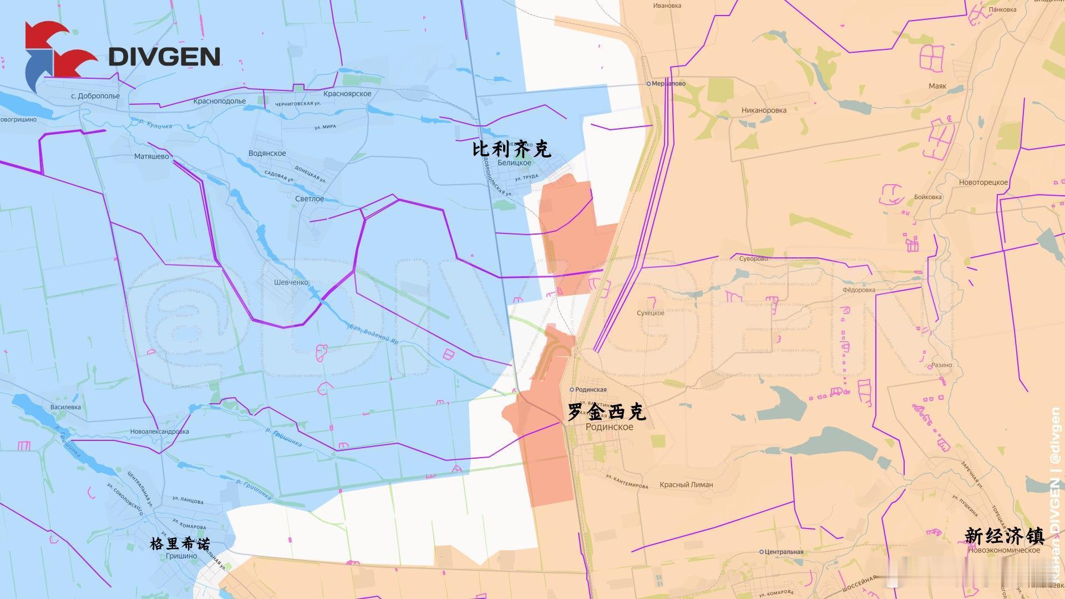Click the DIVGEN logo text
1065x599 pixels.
pyautogui.click(x=164, y=57)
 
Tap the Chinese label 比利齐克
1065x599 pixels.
pyautogui.click(x=511, y=149)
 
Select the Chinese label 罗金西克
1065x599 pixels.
pyautogui.click(x=607, y=412)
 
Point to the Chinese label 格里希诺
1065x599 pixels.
pyautogui.click(x=180, y=544)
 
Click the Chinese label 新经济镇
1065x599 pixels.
pyautogui.click(x=1004, y=536)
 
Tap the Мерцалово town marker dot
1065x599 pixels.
pyautogui.click(x=648, y=84)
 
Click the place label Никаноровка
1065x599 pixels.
pyautogui.click(x=764, y=110)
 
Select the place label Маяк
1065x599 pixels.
pyautogui.click(x=937, y=87)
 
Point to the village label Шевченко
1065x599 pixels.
pyautogui.click(x=291, y=282)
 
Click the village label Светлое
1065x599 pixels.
pyautogui.click(x=310, y=199)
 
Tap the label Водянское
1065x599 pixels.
pyautogui.click(x=267, y=154)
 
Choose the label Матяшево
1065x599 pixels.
pyautogui.click(x=151, y=156)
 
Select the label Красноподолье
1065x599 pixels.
pyautogui.click(x=220, y=101)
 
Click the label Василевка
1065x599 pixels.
pyautogui.click(x=65, y=407)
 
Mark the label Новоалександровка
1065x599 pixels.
pyautogui.click(x=160, y=432)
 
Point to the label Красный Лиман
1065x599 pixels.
pyautogui.click(x=686, y=485)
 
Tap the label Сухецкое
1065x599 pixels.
pyautogui.click(x=651, y=313)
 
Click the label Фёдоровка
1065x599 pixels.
pyautogui.click(x=859, y=290)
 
